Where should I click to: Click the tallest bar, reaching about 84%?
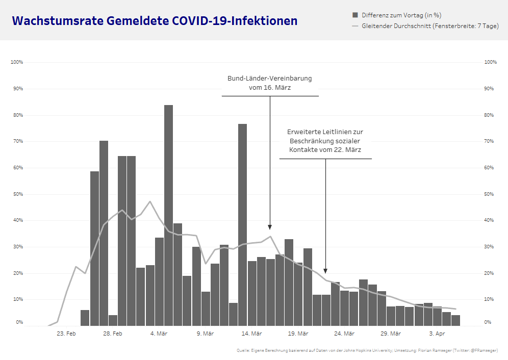[168, 214]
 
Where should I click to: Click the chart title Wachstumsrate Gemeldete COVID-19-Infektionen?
[155, 21]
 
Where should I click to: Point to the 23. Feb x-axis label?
[66, 333]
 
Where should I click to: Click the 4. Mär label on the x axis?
[159, 333]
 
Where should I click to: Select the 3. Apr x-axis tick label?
[437, 333]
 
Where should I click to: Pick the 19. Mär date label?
[298, 333]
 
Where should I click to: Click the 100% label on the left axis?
[17, 62]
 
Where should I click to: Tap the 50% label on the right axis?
[490, 194]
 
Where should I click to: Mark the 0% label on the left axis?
[19, 322]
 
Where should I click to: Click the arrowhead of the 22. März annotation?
[325, 271]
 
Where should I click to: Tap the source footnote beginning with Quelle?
[367, 350]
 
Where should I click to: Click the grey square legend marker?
[355, 15]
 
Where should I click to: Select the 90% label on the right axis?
[490, 89]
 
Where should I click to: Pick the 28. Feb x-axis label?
[113, 333]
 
